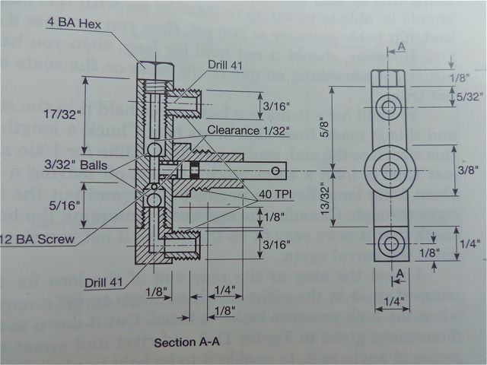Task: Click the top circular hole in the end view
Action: point(390,107)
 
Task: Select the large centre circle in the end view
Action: point(390,169)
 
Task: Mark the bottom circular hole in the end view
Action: point(390,245)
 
